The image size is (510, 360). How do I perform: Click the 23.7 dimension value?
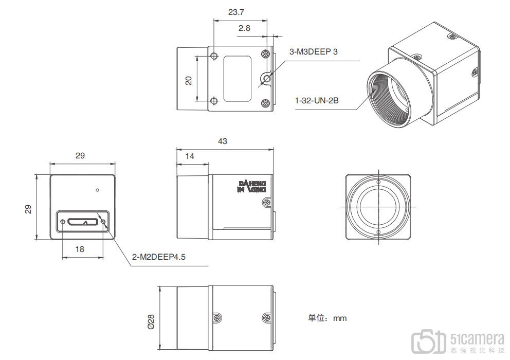point(236,11)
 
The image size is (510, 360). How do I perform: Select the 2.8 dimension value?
point(244,29)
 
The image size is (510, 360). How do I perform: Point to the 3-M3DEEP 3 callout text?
point(314,51)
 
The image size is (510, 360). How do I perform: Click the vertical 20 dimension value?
point(189,80)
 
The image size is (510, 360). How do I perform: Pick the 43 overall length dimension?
point(223,141)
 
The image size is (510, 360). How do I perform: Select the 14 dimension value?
point(190,156)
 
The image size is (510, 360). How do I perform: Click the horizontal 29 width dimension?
point(80,155)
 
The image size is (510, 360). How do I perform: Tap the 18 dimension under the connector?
point(80,249)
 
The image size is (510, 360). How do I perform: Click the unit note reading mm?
point(327,318)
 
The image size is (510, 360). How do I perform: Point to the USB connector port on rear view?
point(83,222)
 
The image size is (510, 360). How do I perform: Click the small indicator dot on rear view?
point(97,190)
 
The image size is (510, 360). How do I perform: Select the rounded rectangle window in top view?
point(238,79)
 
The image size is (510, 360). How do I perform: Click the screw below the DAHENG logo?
point(266,203)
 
